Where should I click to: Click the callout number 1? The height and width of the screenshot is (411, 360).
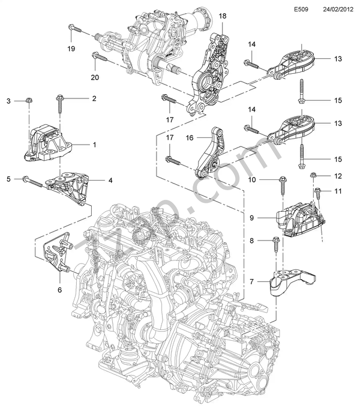[x=94, y=145]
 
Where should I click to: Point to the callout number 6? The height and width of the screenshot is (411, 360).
[x=59, y=290]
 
